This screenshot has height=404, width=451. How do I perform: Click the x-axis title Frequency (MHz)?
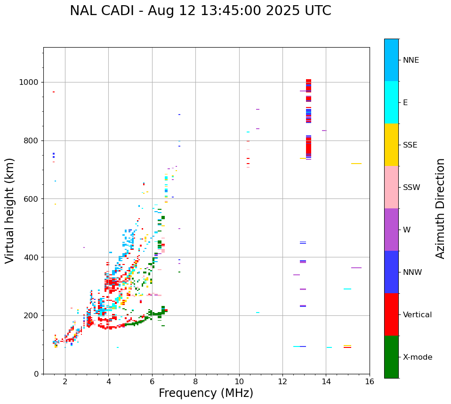tap(206, 393)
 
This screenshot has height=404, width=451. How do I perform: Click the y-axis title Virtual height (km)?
tap(10, 211)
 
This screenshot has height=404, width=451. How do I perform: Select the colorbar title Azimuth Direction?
tap(440, 208)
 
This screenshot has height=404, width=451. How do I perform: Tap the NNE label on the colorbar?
tap(411, 60)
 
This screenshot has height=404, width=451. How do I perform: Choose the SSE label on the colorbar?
tap(410, 145)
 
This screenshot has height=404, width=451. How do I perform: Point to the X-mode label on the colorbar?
tap(417, 357)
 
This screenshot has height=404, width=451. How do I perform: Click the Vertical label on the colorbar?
tap(417, 315)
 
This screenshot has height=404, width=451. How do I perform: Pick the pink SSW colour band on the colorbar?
tap(391, 187)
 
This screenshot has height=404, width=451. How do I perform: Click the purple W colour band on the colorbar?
tap(391, 230)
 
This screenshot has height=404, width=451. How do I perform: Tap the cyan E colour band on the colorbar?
tap(391, 102)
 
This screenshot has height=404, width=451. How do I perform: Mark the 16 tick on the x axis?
tap(370, 381)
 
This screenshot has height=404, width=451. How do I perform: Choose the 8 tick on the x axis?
tap(195, 381)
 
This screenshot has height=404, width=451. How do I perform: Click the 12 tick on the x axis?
tap(282, 381)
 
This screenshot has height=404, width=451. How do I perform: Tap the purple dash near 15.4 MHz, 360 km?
tap(356, 268)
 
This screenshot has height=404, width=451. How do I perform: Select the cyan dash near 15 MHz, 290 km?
tap(347, 289)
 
